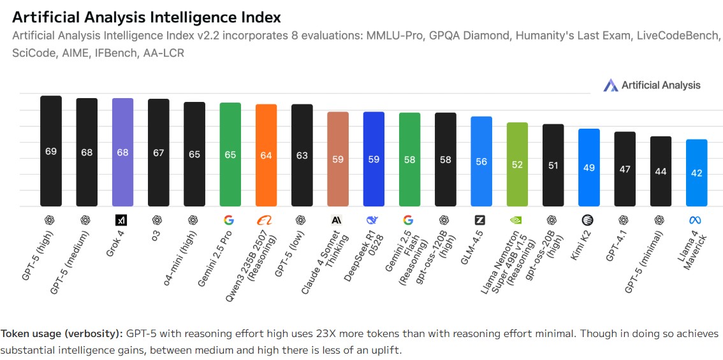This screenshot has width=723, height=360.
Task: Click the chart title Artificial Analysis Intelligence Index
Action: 146,17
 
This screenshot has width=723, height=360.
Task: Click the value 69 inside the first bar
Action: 51,152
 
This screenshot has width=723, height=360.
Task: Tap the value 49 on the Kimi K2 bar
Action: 588,168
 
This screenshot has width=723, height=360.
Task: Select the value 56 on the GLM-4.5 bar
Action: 481,162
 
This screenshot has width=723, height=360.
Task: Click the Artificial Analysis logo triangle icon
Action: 611,85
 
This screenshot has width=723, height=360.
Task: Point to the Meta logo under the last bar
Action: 696,220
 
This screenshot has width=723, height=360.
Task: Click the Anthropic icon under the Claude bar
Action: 337,220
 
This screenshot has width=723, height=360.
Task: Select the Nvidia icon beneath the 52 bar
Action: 517,220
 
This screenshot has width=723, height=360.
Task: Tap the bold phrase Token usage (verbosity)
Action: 61,334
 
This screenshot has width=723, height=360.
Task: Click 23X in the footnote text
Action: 347,334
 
